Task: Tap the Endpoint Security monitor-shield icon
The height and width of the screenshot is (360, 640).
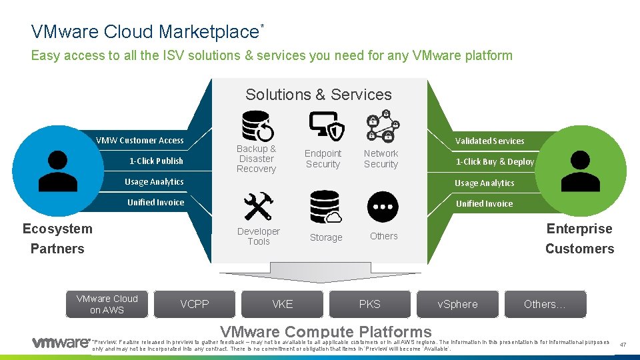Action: click(x=327, y=126)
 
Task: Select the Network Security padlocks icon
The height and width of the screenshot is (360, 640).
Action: click(x=383, y=126)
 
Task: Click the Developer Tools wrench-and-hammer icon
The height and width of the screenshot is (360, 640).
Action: click(x=257, y=207)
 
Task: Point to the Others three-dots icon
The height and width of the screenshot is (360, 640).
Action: click(x=383, y=207)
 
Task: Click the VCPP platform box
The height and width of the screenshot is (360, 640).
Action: click(x=195, y=304)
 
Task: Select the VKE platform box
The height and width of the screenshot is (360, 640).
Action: click(x=283, y=304)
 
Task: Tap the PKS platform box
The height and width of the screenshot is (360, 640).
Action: click(x=370, y=304)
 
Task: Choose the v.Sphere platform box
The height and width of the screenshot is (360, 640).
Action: click(x=457, y=304)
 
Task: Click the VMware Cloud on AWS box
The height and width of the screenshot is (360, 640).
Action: click(x=107, y=304)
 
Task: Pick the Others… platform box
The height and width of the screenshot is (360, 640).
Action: click(x=545, y=304)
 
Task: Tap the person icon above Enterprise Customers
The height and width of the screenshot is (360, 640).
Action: click(x=581, y=171)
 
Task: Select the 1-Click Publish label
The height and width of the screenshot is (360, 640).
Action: click(x=156, y=161)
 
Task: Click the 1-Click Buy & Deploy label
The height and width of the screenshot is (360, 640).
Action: click(x=495, y=161)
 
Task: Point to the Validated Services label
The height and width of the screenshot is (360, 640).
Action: click(x=489, y=141)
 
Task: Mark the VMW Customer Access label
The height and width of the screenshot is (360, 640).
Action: click(x=140, y=140)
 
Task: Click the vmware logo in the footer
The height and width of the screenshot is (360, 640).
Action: click(x=61, y=343)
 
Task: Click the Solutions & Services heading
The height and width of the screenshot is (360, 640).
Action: click(x=319, y=95)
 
